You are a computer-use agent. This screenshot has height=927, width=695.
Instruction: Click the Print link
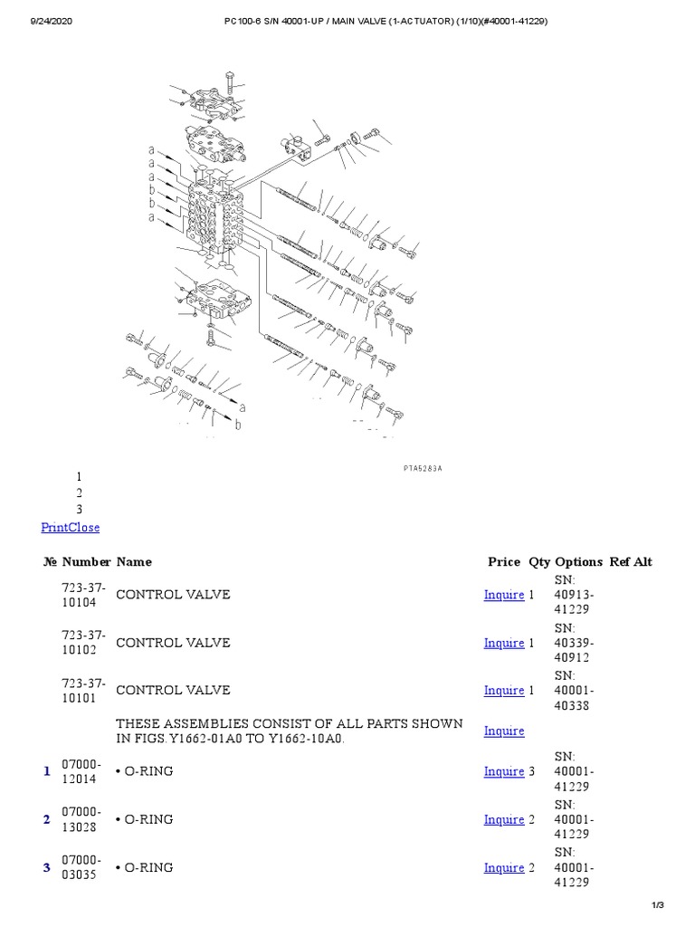(x=55, y=527)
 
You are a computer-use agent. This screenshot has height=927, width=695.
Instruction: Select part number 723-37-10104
(x=83, y=595)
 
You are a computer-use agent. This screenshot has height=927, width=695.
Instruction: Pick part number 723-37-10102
(x=83, y=643)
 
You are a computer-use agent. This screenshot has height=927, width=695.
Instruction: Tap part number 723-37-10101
(x=83, y=690)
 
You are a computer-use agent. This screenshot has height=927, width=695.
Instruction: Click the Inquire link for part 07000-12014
(x=504, y=771)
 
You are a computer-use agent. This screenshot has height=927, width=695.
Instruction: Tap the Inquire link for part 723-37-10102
(x=504, y=643)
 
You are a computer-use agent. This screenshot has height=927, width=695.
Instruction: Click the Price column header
(x=504, y=561)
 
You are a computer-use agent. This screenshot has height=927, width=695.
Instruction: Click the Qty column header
(x=539, y=561)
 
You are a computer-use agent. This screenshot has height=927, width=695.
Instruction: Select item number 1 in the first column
(x=46, y=771)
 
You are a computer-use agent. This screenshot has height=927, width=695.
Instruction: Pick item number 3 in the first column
(x=46, y=868)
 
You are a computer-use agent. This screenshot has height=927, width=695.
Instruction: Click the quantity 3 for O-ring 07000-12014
(x=532, y=771)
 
